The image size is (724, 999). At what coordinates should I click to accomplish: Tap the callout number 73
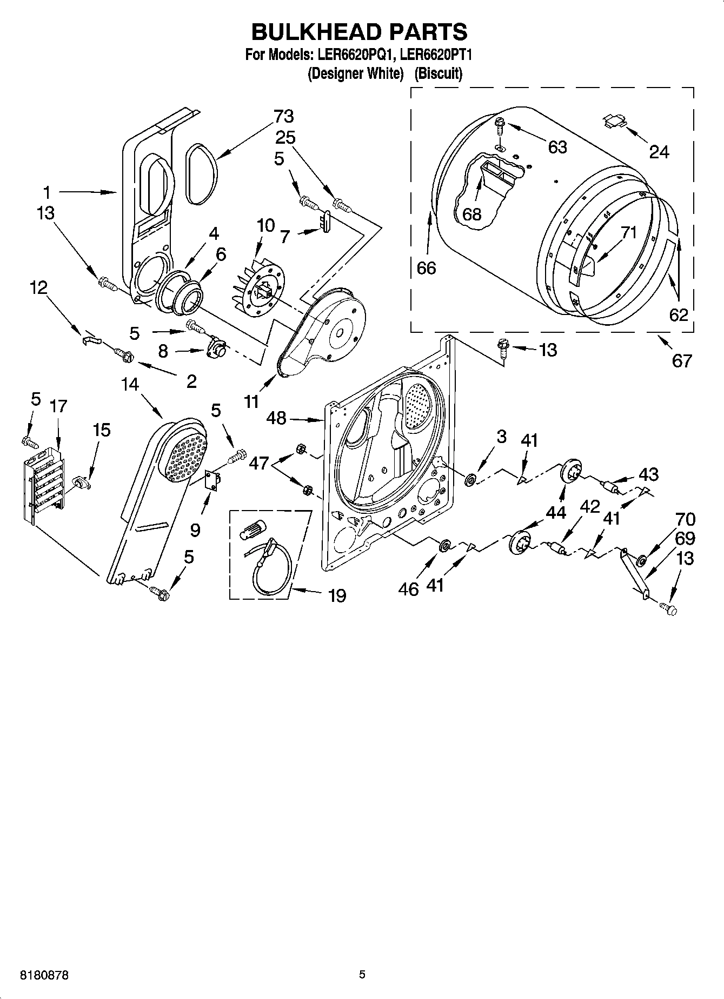(283, 116)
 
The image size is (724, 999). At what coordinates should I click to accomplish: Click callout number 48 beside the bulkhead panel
(276, 418)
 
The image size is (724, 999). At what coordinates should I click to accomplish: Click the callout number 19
(336, 595)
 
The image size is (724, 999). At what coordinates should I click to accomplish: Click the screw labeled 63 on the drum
(499, 128)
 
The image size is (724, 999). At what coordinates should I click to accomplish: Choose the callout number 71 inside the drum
(628, 233)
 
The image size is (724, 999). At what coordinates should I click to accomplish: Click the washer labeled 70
(642, 560)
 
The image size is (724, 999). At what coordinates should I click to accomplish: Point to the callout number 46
(408, 588)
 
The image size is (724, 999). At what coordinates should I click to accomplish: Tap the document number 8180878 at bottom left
(44, 975)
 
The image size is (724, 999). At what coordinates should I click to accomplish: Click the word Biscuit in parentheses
(438, 73)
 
